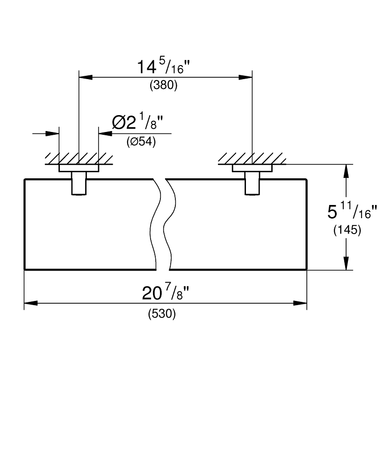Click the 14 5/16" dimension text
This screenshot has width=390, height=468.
click(163, 66)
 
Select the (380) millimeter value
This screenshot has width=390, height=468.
click(163, 85)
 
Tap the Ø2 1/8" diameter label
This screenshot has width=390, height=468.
click(138, 122)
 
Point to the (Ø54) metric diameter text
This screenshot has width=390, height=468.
click(141, 141)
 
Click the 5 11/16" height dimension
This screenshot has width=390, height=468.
click(352, 212)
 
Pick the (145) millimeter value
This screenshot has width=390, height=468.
click(347, 230)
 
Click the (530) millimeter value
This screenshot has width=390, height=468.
click(162, 314)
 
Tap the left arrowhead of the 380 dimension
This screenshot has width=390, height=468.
click(85, 77)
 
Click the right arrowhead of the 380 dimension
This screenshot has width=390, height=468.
click(246, 77)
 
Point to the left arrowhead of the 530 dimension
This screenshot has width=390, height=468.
click(31, 303)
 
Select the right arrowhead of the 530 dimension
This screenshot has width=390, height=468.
click(300, 303)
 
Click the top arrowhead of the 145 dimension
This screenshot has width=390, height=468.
click(346, 171)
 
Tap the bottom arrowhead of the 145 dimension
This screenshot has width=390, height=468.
click(346, 263)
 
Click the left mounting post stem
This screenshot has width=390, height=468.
click(79, 183)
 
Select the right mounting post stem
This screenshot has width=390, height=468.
click(252, 183)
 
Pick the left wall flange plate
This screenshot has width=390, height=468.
click(79, 168)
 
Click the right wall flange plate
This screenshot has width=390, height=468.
click(252, 168)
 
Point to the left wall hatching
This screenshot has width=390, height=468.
click(79, 159)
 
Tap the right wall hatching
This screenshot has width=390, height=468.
click(252, 159)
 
